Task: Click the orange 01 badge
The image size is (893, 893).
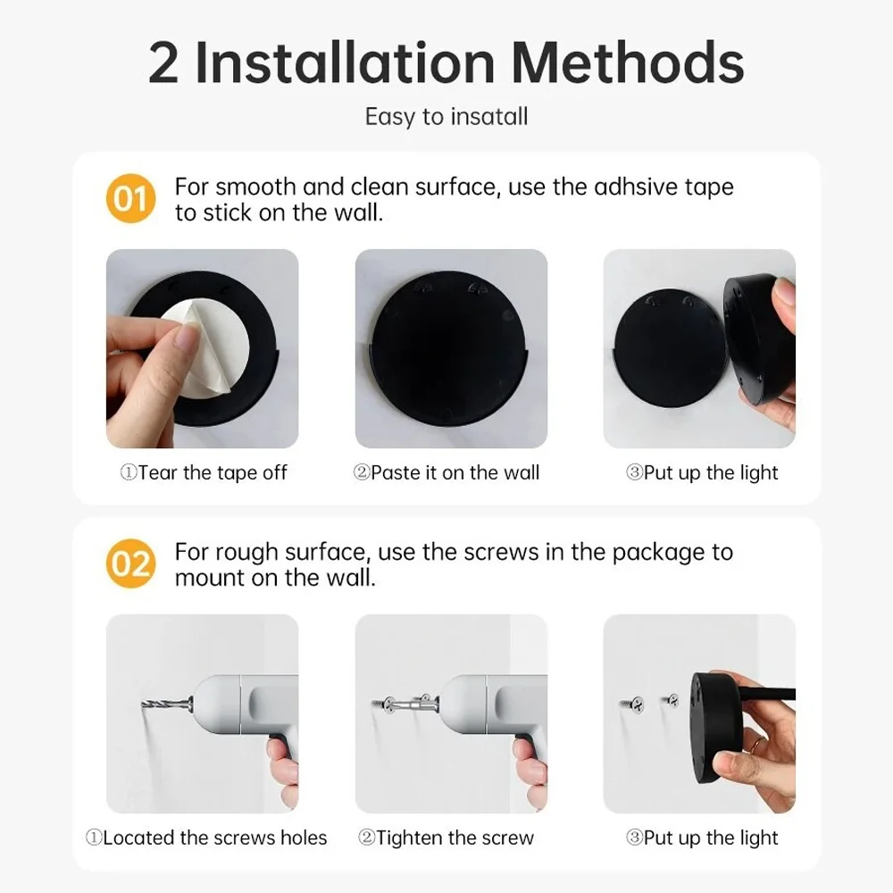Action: (x=130, y=198)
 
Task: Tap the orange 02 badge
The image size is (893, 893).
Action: (x=130, y=564)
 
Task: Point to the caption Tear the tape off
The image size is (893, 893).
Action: (x=204, y=473)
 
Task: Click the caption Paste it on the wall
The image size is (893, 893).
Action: (x=446, y=473)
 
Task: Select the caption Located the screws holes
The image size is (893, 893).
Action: (x=206, y=838)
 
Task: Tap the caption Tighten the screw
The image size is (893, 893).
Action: (x=446, y=838)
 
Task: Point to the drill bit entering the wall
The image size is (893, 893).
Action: (x=165, y=706)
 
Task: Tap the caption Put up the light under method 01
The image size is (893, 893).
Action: (x=702, y=473)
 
